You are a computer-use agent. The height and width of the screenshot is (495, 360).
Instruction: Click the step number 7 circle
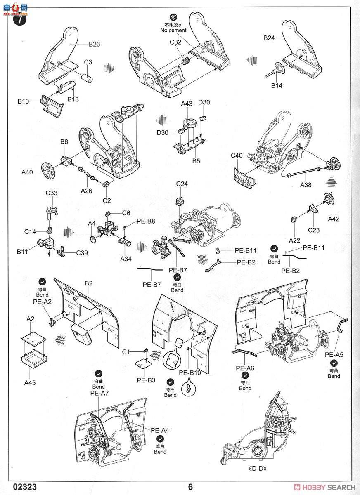pyautogui.click(x=20, y=19)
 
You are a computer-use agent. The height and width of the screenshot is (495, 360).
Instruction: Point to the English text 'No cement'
pyautogui.click(x=173, y=30)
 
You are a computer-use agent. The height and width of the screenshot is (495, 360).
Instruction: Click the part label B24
pyautogui.click(x=269, y=38)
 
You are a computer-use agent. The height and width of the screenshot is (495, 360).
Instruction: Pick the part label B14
pyautogui.click(x=277, y=85)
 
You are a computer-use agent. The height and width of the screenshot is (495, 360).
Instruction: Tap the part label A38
pyautogui.click(x=306, y=185)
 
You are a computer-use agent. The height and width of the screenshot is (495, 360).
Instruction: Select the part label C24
pyautogui.click(x=182, y=184)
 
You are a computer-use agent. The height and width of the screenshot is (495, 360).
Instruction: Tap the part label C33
pyautogui.click(x=52, y=193)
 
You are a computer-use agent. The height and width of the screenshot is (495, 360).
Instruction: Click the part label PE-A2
pyautogui.click(x=42, y=302)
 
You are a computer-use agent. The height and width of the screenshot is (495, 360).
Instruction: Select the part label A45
pyautogui.click(x=30, y=382)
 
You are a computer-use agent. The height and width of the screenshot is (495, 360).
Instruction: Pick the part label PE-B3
pyautogui.click(x=146, y=380)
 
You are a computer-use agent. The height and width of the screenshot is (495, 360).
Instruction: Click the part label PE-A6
pyautogui.click(x=245, y=368)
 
